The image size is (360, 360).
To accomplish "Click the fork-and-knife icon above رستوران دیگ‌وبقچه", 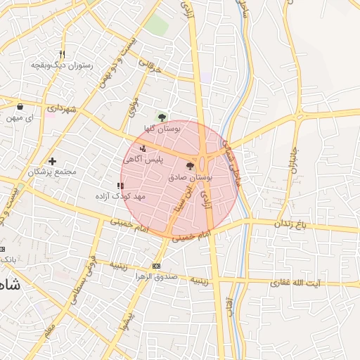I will (x=62, y=54).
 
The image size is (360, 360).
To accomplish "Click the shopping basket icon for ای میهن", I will (x=20, y=107).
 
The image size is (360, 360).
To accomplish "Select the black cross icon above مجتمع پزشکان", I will (x=52, y=162).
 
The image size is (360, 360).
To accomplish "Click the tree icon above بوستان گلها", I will (x=162, y=117).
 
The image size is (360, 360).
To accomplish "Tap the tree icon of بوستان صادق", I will (x=190, y=166).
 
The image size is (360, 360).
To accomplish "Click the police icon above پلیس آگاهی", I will (x=143, y=148).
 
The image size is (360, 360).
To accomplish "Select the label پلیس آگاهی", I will (x=143, y=160).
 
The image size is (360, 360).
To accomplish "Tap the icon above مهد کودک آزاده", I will (x=120, y=186).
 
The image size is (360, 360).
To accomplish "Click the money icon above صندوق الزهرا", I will (x=156, y=266).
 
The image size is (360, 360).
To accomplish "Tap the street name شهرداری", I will (x=61, y=110).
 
